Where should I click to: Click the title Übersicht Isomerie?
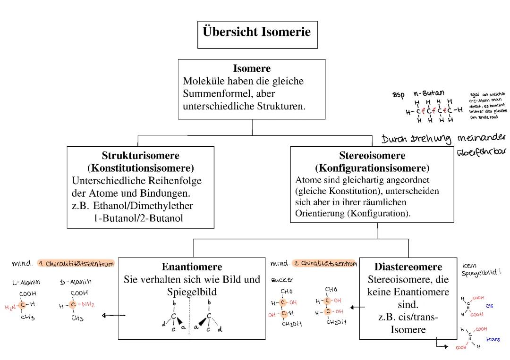pyautogui.click(x=257, y=32)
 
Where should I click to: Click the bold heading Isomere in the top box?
pyautogui.click(x=251, y=68)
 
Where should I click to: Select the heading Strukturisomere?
pyautogui.click(x=140, y=155)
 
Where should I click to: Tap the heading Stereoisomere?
pyautogui.click(x=372, y=156)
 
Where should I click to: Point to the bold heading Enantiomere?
pyautogui.click(x=192, y=267)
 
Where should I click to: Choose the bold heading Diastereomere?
pyautogui.click(x=408, y=267)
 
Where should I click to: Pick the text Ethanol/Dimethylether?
pyautogui.click(x=143, y=206)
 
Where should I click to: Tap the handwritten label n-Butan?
pyautogui.click(x=429, y=93)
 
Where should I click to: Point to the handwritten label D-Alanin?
pyautogui.click(x=76, y=282)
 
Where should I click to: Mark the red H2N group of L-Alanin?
pyautogui.click(x=10, y=308)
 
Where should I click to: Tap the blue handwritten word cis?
pyautogui.click(x=489, y=306)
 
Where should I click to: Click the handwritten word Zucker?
pyautogui.click(x=281, y=279)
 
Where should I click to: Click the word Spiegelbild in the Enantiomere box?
pyautogui.click(x=192, y=292)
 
